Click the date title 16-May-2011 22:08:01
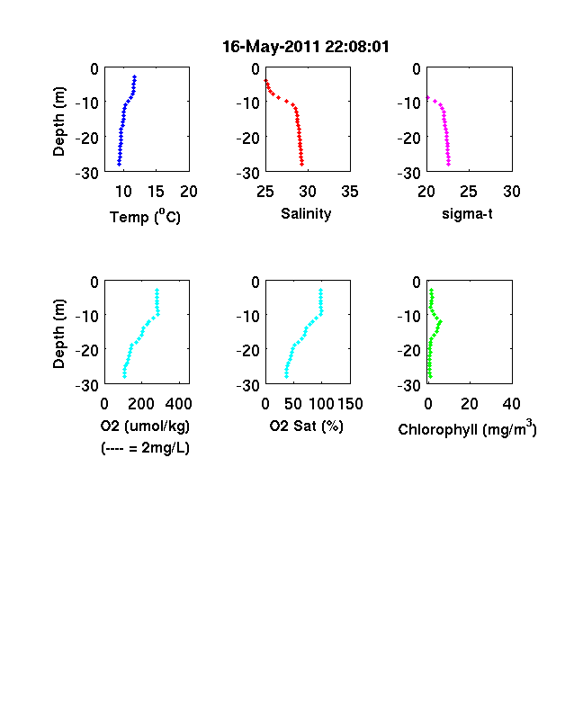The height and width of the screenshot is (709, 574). (x=306, y=47)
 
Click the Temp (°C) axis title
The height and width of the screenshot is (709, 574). (x=145, y=217)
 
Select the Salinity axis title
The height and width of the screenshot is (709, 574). (x=306, y=213)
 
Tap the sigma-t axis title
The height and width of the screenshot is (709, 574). (x=467, y=213)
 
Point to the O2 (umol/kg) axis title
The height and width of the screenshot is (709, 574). (x=145, y=426)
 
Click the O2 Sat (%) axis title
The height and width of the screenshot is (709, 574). (x=307, y=426)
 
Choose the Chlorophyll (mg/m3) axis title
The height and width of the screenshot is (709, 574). (x=467, y=427)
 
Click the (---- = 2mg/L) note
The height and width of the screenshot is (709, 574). (x=145, y=448)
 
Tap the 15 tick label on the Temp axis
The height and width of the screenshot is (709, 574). (x=156, y=192)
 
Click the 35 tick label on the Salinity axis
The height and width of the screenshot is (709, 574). (x=350, y=192)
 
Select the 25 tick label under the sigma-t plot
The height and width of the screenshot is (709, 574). (x=469, y=192)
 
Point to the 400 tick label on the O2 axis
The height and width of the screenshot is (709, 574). (x=178, y=403)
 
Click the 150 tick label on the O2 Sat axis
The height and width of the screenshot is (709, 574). (x=350, y=403)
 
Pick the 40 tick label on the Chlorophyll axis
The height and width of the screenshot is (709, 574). (x=511, y=403)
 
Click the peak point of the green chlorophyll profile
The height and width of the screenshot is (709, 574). (x=440, y=322)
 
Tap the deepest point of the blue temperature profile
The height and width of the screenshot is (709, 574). (x=120, y=164)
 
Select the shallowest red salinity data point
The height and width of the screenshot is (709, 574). (x=266, y=80)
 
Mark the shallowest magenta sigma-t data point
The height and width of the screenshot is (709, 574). (x=428, y=98)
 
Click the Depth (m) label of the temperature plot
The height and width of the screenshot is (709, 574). (x=58, y=121)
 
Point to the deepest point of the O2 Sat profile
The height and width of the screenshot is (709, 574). (x=286, y=376)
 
